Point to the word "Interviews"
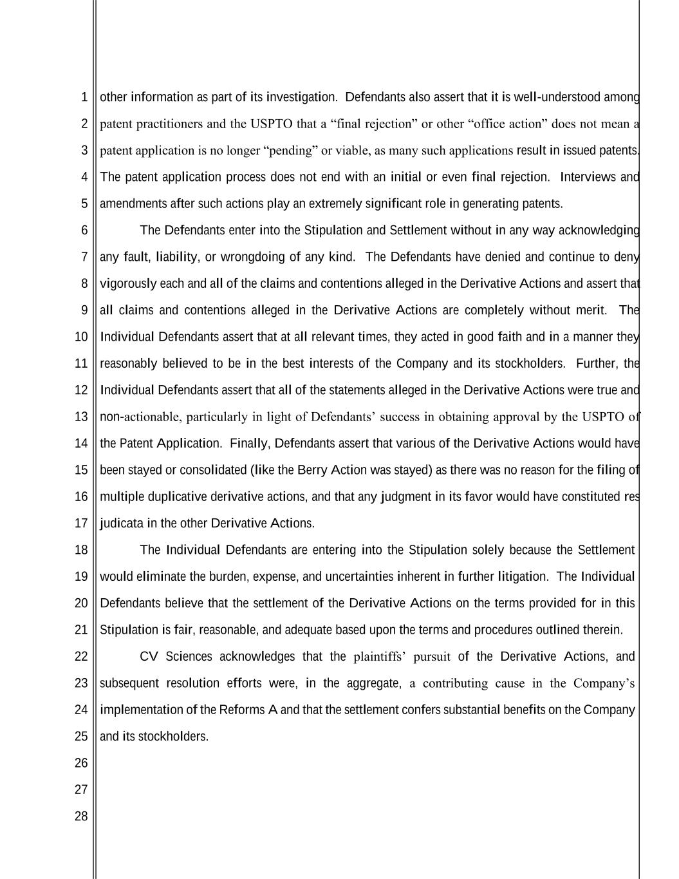point(589,177)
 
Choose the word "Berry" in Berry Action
point(312,470)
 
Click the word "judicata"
point(122,524)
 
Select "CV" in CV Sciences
point(149,657)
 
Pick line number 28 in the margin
point(81,817)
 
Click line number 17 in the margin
point(81,524)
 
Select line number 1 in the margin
point(84,97)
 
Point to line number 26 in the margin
point(81,763)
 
